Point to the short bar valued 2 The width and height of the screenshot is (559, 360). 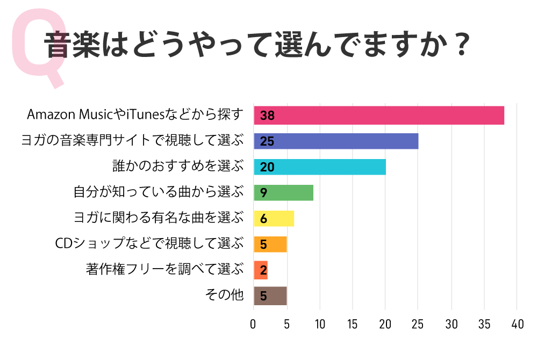coord(261,270)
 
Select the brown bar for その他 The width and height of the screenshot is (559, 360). coord(270,296)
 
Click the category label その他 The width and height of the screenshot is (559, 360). coord(225,296)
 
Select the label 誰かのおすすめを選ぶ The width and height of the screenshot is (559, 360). coord(178,167)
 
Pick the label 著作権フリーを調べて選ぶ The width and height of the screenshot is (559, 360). coord(164,269)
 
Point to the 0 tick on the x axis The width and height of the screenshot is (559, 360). coord(254,325)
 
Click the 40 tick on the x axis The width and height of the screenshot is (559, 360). coord(517,325)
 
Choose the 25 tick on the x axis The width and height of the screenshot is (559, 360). coord(418,325)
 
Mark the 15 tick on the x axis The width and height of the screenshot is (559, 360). coord(353,325)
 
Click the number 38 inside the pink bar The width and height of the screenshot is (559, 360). coord(267,116)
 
